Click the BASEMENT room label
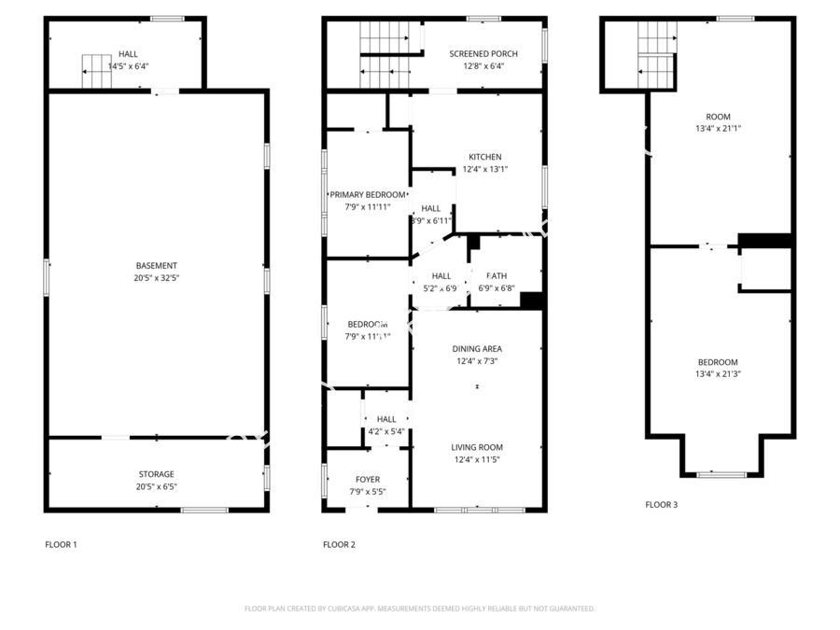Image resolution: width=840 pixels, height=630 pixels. coord(156,266)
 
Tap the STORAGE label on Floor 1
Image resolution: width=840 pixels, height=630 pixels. coord(156,474)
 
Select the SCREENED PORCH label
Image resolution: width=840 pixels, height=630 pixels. coord(483,54)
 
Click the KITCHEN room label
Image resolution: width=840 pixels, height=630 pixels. coord(484,157)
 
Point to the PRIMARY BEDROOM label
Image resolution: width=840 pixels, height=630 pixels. coord(367,195)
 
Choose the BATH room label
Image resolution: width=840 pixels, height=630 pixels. coord(497,276)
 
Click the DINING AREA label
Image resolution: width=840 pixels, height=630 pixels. coord(477,349)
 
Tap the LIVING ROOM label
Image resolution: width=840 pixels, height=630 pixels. coord(477,447)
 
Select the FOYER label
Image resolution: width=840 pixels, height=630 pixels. coord(367,480)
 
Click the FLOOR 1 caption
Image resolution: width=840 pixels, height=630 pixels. coord(61,544)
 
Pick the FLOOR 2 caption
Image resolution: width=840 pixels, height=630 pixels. coord(339,544)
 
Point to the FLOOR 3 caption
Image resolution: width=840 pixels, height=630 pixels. coord(661,505)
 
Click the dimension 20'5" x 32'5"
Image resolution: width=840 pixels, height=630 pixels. coord(156,278)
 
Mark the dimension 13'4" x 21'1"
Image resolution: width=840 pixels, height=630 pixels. coord(718,129)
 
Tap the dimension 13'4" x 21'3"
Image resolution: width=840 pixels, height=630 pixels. coord(718,374)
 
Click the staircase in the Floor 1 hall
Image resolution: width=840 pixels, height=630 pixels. coord(97,72)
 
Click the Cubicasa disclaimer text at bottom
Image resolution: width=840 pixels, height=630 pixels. coord(419,609)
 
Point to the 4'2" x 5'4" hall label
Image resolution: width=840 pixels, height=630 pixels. coord(386,431)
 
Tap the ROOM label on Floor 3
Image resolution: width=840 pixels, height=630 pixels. coord(718,117)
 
